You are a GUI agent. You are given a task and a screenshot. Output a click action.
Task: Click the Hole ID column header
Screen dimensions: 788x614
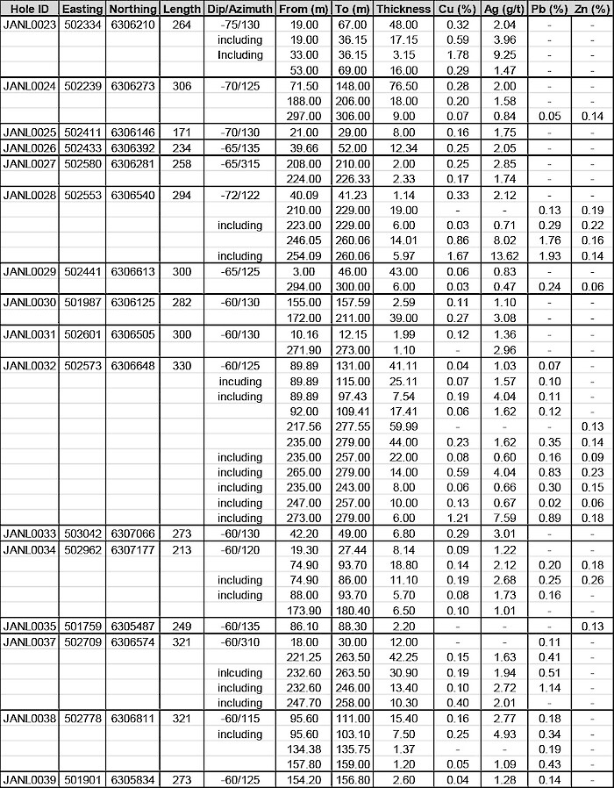(30, 9)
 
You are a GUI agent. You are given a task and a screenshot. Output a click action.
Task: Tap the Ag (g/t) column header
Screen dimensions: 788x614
(503, 9)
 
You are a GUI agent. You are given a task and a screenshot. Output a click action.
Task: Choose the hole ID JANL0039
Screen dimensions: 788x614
(30, 779)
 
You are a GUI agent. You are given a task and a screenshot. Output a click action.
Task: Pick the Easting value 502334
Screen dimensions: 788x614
(82, 24)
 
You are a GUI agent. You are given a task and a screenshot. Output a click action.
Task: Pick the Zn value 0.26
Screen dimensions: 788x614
(592, 580)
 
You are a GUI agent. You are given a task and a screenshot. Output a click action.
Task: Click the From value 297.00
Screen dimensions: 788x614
(303, 116)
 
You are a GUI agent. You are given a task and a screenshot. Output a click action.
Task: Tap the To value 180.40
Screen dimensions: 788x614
(351, 610)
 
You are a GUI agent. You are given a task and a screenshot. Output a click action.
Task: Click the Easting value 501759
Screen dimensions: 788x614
(82, 626)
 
